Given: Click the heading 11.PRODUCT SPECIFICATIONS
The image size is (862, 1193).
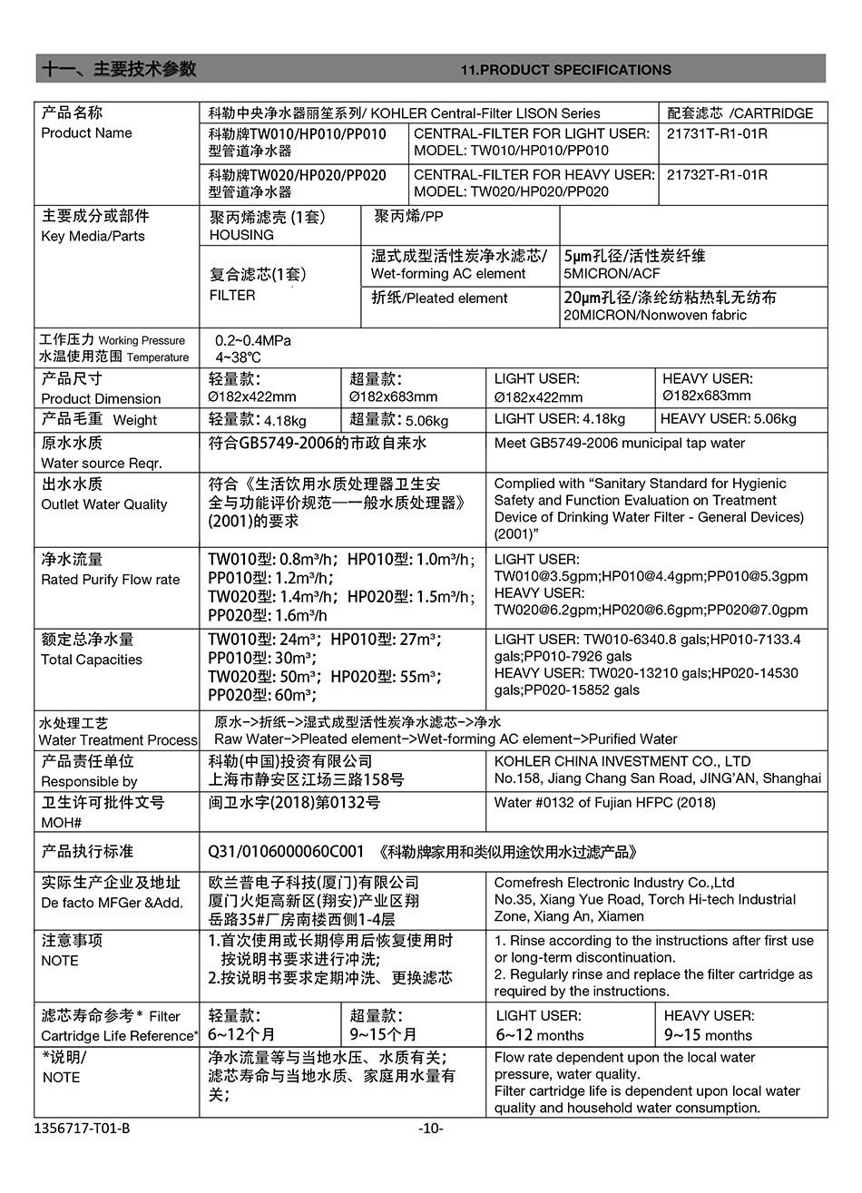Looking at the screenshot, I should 566,70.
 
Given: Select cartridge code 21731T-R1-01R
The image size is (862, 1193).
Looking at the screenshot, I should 717,134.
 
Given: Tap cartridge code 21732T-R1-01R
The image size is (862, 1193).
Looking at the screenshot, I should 717,175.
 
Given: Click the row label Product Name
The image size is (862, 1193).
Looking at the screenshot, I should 86,133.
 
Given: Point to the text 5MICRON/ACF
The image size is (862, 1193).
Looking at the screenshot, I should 612,274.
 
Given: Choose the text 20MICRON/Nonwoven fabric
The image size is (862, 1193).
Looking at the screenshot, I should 655,316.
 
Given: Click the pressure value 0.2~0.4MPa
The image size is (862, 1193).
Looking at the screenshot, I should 253,340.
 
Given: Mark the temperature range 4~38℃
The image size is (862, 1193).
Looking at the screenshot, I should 238,357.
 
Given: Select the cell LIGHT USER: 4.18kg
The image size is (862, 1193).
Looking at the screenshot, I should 560,419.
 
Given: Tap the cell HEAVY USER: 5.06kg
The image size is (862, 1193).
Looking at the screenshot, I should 729,419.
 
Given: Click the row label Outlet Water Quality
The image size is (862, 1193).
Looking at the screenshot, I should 104,504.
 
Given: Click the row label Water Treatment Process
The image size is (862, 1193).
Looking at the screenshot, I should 118,740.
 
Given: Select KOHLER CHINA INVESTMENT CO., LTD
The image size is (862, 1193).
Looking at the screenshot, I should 622,761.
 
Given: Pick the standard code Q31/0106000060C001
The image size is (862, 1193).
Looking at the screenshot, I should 286,852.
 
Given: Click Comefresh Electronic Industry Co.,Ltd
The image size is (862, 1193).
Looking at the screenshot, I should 614,883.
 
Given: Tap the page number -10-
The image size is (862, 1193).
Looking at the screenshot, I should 430,1129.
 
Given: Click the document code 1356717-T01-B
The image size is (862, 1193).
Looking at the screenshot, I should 82,1129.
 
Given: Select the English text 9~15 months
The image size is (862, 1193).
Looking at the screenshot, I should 708,1035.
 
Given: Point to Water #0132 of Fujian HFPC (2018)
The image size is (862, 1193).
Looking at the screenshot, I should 604,803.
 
